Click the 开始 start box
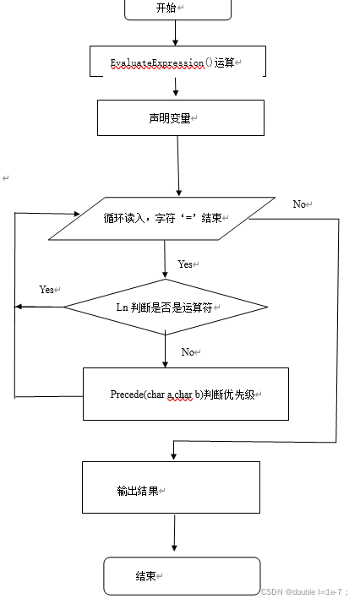point(177,8)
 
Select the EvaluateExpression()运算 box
point(177,62)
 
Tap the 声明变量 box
point(180,117)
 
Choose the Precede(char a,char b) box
point(185,394)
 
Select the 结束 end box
point(182,575)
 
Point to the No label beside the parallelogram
point(301,204)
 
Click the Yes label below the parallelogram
point(185,264)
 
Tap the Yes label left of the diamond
point(46,289)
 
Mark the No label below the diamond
point(188,351)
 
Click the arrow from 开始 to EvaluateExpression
point(176,32)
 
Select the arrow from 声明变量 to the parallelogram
point(179,166)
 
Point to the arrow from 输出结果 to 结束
point(174,534)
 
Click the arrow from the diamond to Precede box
point(166,351)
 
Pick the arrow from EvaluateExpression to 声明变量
point(177,87)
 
